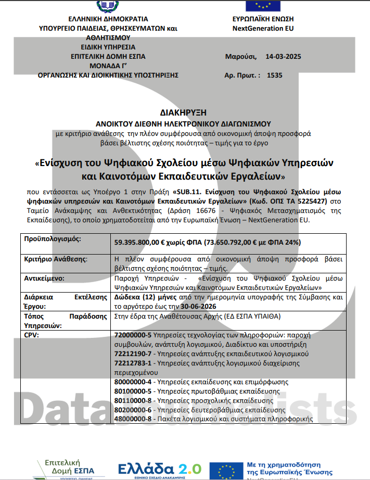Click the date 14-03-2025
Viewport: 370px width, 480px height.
tap(283, 56)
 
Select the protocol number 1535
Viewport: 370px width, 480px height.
tap(274, 75)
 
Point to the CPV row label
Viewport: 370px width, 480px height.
tap(31, 335)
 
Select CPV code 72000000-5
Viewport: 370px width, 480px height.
tap(132, 335)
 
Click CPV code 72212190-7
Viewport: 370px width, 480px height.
tap(132, 353)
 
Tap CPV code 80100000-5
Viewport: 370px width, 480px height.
tap(132, 391)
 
